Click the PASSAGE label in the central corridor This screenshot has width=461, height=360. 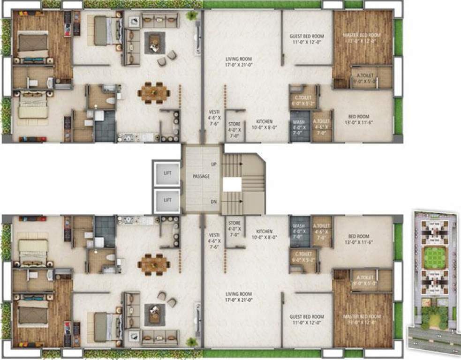pos(201,176)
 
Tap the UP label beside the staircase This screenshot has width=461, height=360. pos(214,165)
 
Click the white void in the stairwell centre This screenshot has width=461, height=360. pos(232,184)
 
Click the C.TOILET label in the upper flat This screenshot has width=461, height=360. pos(302,100)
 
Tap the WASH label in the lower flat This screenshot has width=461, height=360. pos(299,229)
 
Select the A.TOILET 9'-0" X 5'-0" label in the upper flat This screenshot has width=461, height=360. pos(365,77)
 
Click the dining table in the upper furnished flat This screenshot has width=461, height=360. pos(154,92)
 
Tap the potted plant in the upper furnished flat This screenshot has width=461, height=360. pos(191,15)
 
